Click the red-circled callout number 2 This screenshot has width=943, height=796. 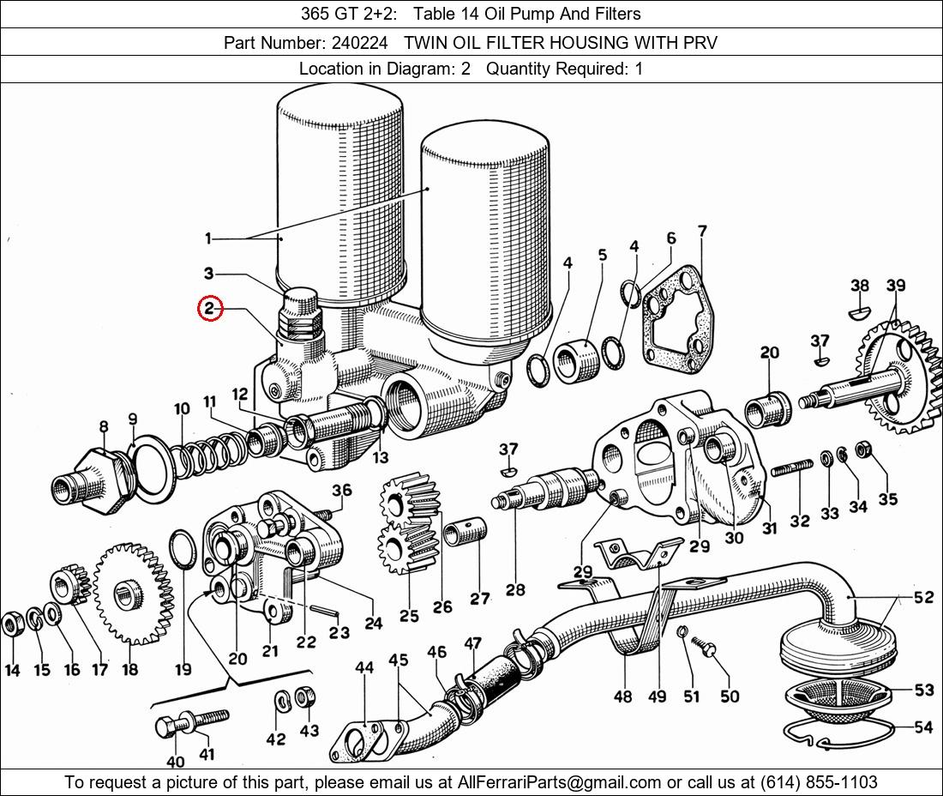coord(210,309)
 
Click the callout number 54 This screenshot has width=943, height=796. coord(922,727)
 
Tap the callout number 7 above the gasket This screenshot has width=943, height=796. coord(702,231)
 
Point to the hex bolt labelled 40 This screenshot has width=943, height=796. coord(169,727)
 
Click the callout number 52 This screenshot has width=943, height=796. coord(923,597)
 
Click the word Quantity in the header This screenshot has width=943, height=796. coord(516,69)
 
